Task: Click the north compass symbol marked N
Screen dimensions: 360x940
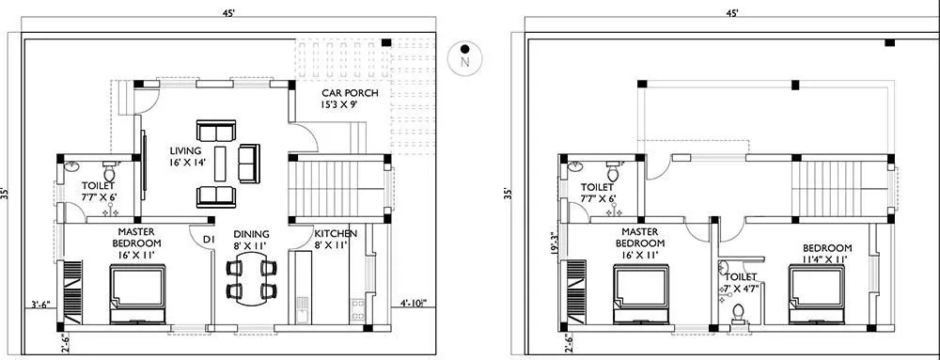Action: (463, 56)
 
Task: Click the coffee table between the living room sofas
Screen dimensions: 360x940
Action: (221, 164)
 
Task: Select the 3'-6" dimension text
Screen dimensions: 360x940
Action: (40, 304)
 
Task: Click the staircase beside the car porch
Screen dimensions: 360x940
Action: (336, 185)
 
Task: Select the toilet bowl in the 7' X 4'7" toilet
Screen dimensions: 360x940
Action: (738, 311)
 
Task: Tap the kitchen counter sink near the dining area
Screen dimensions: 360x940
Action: (301, 305)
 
